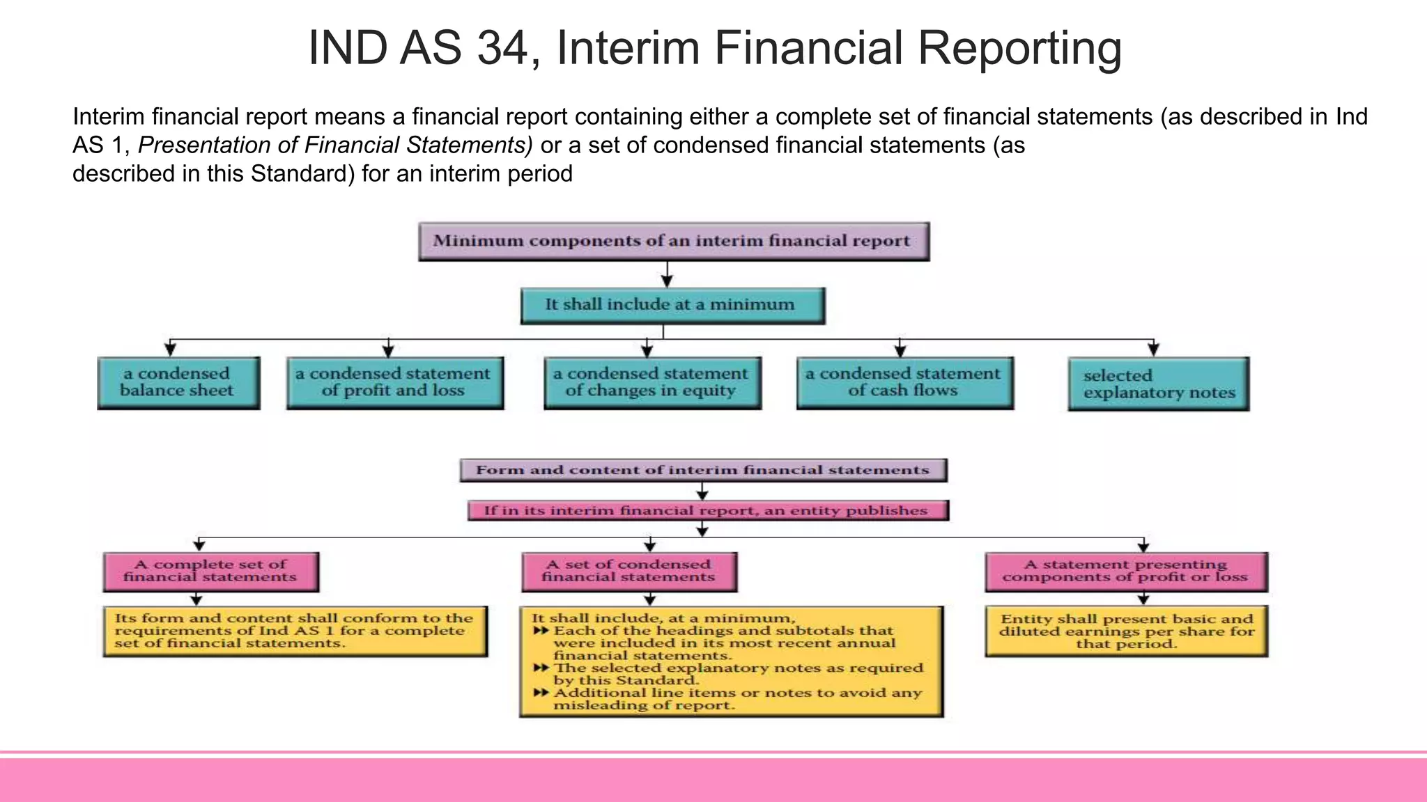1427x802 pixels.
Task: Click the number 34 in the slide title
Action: (500, 49)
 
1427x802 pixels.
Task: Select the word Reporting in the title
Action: (1019, 49)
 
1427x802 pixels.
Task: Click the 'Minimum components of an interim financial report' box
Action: (673, 241)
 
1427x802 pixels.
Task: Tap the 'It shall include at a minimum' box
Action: (672, 305)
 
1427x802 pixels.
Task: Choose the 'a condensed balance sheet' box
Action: (178, 382)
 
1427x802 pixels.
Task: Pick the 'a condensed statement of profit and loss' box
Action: (394, 382)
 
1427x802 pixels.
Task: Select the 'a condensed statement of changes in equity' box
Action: (652, 382)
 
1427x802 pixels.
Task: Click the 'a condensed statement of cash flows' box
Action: (904, 382)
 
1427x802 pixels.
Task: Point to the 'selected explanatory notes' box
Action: (1158, 384)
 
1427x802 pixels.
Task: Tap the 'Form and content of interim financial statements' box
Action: (702, 470)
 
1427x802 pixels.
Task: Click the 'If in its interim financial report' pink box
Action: (707, 510)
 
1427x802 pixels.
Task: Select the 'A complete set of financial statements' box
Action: (210, 572)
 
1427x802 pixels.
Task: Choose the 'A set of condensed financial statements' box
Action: (628, 572)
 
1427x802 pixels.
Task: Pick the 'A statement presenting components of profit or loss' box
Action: (1126, 572)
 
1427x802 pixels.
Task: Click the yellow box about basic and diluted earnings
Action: (1126, 631)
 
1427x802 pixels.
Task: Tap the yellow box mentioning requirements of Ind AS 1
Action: (295, 631)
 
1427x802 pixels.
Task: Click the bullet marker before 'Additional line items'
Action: (541, 693)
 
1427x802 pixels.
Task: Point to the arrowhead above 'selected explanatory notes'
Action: (1153, 348)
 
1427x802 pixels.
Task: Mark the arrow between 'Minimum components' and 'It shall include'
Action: (667, 274)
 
